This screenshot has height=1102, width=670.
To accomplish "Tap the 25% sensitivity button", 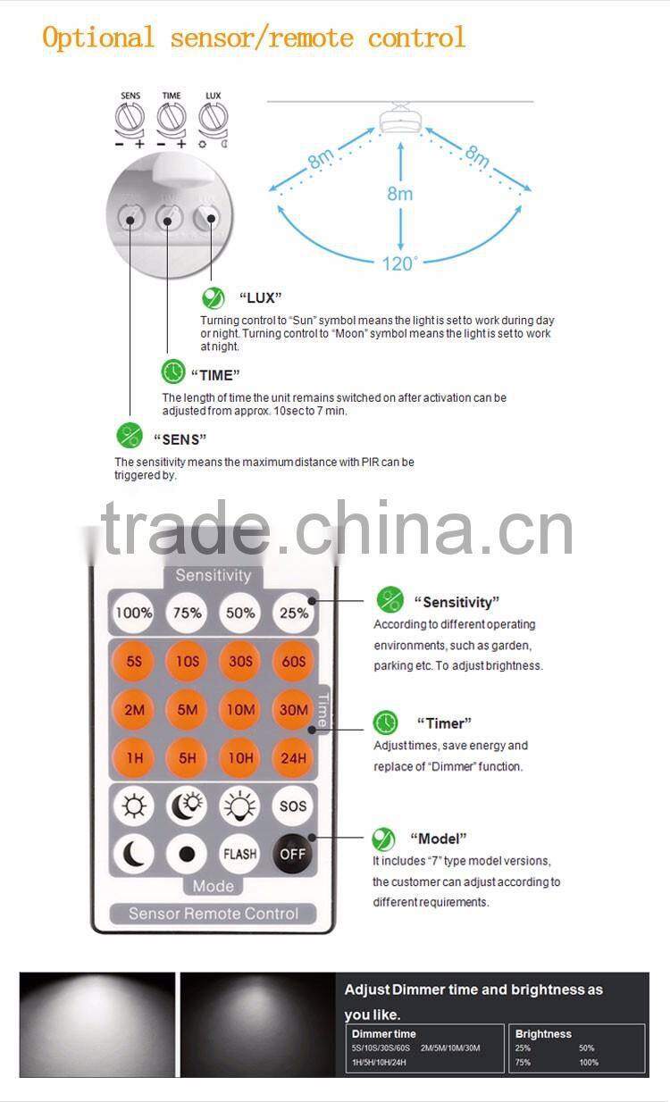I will click(293, 614).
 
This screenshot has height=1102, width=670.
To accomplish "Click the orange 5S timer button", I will click(134, 662).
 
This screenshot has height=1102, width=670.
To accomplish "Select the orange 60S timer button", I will click(293, 662).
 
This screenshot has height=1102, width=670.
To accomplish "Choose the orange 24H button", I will click(293, 758).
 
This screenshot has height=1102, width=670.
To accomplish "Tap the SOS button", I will click(293, 806).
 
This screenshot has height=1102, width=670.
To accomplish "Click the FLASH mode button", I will click(240, 854).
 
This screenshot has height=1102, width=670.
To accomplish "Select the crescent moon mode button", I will click(134, 854).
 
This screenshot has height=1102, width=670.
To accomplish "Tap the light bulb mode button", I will click(240, 806).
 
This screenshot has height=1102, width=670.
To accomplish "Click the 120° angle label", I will click(400, 263).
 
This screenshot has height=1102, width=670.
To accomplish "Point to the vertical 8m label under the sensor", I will click(400, 193).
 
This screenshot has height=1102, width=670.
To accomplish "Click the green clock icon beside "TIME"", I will click(172, 372).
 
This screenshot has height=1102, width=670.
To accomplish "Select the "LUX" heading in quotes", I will click(260, 297).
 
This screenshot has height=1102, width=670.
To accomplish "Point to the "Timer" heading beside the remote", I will click(444, 722).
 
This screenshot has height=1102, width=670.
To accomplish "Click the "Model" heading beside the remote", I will click(438, 839).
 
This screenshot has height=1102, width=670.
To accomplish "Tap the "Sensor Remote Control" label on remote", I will click(213, 913).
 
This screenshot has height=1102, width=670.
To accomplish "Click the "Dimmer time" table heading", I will click(383, 1033).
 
